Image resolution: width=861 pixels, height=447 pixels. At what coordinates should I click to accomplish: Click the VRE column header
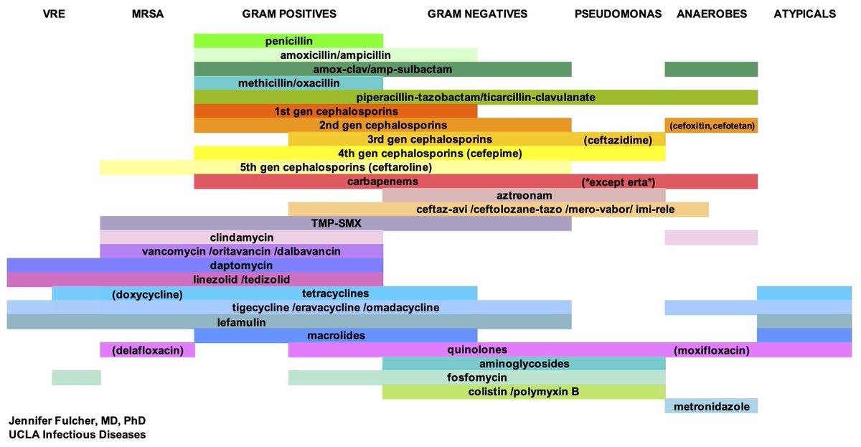54,14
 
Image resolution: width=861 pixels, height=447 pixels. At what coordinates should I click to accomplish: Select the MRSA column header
148,14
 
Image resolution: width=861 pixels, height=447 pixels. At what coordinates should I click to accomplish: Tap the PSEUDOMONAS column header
618,14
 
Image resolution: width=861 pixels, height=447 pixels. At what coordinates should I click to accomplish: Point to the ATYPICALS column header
804,14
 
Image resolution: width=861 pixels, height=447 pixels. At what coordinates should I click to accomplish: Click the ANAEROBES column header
712,14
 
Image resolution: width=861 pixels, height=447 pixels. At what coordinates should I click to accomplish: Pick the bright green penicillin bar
288,41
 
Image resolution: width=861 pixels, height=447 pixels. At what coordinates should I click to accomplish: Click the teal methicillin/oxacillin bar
288,83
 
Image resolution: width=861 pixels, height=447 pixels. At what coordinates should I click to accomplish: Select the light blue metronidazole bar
711,406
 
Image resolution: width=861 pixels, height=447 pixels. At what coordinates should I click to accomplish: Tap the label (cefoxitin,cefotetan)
711,126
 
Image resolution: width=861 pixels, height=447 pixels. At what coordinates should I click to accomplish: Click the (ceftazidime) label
618,140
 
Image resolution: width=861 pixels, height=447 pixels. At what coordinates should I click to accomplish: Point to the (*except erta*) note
618,182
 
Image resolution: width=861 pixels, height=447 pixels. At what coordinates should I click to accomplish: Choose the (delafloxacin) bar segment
148,350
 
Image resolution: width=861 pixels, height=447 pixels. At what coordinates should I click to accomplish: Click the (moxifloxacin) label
712,350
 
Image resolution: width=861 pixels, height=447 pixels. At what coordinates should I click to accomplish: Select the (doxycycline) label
148,294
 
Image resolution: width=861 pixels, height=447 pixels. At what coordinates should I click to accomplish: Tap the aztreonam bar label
524,195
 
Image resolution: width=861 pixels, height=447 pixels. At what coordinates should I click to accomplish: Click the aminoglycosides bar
524,364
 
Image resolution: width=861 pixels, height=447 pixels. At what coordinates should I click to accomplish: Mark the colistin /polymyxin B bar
524,392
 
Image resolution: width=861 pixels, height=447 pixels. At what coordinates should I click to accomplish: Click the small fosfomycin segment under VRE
76,377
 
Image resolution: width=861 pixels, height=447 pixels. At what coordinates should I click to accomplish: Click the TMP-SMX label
335,223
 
